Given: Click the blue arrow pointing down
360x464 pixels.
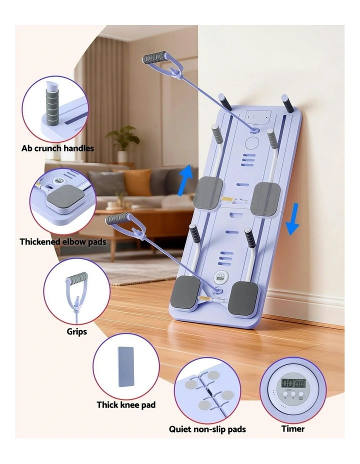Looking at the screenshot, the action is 293,219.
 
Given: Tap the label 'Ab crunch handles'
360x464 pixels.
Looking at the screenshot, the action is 57,148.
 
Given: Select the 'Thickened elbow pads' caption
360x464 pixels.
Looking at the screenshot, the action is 63,242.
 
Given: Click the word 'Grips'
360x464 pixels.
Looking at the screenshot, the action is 77,331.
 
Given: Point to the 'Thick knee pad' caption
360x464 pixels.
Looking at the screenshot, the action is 126,404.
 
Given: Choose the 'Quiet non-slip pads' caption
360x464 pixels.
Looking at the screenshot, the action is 207,429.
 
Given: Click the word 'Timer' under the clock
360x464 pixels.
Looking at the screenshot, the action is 293,428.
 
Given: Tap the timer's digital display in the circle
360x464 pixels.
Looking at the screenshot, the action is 292,383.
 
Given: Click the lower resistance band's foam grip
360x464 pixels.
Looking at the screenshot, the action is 117,218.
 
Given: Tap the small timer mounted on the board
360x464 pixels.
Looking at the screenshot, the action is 219,277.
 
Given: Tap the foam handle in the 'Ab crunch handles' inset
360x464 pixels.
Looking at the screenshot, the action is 52,105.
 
